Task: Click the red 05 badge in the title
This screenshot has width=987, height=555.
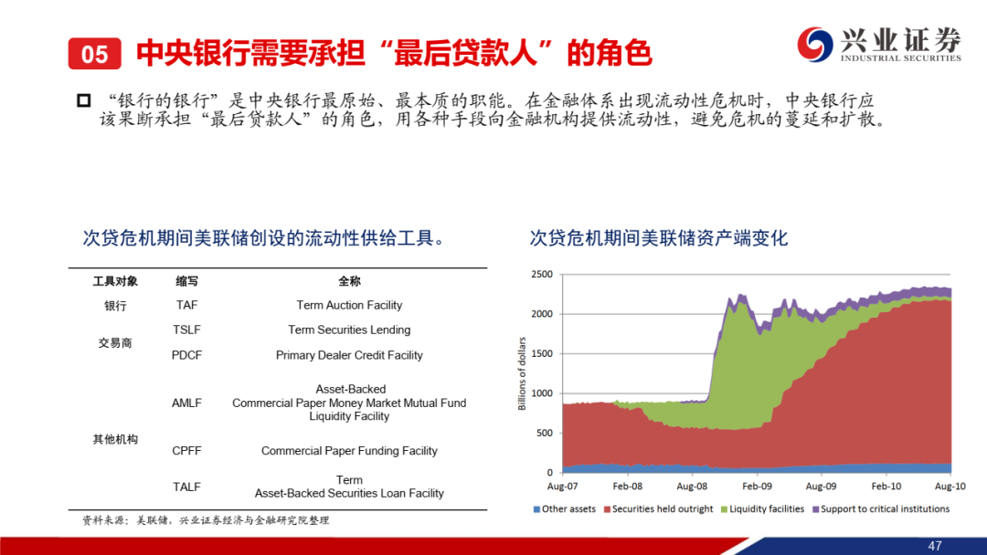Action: pos(94,54)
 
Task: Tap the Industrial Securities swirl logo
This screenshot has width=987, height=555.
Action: pos(815,44)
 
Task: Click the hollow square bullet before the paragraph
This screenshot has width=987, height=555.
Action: pos(84,100)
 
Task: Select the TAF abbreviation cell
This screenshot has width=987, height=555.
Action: pos(187,306)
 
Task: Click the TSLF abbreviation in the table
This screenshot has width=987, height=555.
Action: pos(187,330)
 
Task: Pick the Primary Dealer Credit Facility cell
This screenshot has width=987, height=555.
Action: pos(349,355)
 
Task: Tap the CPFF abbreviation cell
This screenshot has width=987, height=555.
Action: pos(187,451)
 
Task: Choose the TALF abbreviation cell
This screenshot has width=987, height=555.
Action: pos(187,487)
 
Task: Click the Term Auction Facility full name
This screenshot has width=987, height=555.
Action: pos(349,306)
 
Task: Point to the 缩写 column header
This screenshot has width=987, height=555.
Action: pos(187,281)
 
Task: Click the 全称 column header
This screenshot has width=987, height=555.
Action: pos(349,281)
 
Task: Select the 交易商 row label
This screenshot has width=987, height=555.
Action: pos(115,343)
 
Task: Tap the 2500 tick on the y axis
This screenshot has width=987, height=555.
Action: pos(542,274)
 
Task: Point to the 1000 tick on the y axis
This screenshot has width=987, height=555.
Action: pos(542,393)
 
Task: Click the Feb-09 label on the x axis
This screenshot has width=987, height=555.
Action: pos(757,486)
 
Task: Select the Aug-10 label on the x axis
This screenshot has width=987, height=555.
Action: pos(950,486)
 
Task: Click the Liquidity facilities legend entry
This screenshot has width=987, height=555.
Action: pos(762,509)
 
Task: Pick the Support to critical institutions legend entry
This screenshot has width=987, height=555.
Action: pos(881,509)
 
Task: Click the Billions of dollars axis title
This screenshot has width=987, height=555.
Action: pos(522,373)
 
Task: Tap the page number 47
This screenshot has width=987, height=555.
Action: pos(935,546)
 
